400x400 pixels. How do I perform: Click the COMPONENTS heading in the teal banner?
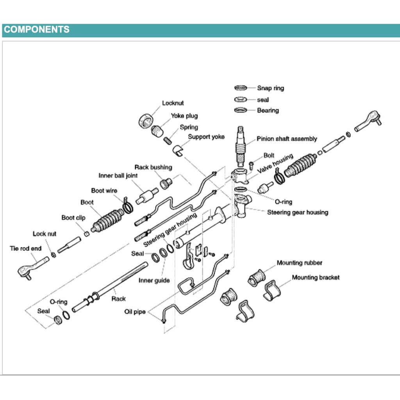coord(37,30)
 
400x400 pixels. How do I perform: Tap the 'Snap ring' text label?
coord(270,88)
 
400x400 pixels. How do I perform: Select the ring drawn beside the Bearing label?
coord(240,110)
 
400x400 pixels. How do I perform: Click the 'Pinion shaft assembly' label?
coord(287,139)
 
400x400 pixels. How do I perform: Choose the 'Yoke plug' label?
coord(184,116)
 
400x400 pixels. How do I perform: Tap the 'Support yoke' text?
coord(206,137)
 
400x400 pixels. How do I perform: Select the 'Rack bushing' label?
coord(153,167)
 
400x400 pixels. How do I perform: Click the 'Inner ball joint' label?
coord(118,176)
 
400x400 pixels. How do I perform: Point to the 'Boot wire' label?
coord(104,191)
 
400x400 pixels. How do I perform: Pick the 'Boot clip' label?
coord(73,218)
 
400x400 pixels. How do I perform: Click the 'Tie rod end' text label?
coord(25,248)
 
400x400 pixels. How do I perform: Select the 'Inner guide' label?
coord(154,280)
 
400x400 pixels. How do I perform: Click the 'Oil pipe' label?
coord(135,312)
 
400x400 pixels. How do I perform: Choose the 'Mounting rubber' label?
coord(300,263)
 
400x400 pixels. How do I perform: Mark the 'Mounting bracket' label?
coord(316,277)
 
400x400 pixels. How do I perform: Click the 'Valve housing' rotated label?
coord(275,164)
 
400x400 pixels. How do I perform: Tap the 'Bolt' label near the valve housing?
coord(269,155)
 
